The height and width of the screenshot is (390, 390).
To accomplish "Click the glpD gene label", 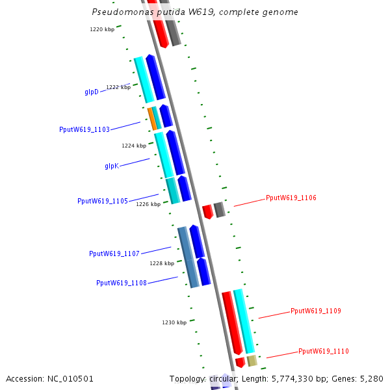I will [x=92, y=92].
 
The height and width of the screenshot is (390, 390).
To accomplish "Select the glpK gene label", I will [x=112, y=166].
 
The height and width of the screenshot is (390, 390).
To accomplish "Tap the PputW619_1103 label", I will [x=84, y=129].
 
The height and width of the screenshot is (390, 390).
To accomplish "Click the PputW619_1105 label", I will [x=103, y=201].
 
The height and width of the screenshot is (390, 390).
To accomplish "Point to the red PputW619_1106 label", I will [x=291, y=198].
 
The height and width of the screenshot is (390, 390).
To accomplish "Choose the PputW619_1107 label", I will [x=114, y=253].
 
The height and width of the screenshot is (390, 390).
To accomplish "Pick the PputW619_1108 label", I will [x=122, y=283].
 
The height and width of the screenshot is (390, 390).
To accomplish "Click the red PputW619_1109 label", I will [x=315, y=311].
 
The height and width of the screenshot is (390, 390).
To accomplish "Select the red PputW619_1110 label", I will [x=323, y=351].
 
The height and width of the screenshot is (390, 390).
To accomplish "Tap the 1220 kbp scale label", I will [x=102, y=29].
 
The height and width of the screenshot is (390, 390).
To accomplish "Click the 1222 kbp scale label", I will [x=118, y=87].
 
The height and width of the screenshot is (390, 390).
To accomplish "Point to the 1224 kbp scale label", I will [x=134, y=146].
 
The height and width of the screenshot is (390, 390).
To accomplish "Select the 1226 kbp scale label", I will [x=148, y=204].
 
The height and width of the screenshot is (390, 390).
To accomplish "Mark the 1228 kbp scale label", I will [x=162, y=263].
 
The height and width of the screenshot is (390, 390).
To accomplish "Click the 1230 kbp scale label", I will [x=174, y=322].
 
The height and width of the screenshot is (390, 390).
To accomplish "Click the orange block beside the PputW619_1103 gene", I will [x=151, y=118].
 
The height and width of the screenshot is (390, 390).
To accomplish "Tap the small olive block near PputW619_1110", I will [x=252, y=361].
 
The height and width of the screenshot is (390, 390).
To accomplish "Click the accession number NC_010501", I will [x=70, y=378].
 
